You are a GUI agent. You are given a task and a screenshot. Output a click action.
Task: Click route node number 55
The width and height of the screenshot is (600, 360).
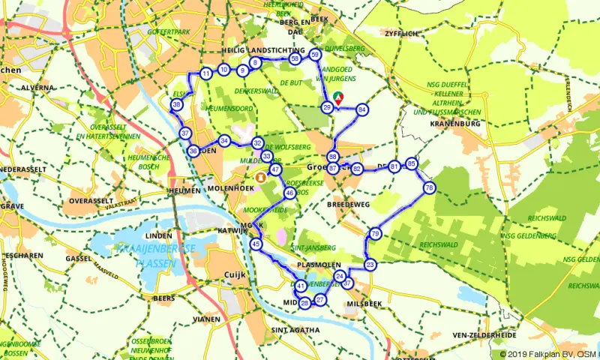click(x=295, y=58)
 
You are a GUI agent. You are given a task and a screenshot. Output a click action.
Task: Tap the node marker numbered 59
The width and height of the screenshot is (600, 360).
click(x=315, y=55)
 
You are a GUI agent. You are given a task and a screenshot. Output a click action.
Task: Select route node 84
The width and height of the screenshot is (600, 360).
click(x=362, y=109)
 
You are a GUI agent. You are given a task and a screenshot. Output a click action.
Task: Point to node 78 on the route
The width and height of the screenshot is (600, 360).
click(x=429, y=187)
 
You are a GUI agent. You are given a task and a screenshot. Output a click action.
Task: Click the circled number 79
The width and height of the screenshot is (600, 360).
click(x=375, y=235)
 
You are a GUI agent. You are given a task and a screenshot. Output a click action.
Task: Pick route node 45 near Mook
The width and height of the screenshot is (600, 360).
click(x=256, y=244)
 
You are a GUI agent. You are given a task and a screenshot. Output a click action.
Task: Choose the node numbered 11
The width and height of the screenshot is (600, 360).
click(x=205, y=73)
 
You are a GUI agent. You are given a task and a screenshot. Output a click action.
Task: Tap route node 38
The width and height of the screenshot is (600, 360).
click(x=176, y=106)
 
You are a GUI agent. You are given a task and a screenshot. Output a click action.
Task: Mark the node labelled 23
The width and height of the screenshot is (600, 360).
click(x=370, y=265)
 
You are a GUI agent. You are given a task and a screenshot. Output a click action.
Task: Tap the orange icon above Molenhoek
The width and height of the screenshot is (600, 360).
click(x=259, y=178)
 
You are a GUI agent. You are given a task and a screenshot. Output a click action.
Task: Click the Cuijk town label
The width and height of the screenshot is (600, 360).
click(x=235, y=274)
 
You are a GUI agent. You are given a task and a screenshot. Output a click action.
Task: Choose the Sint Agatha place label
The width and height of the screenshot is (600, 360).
click(x=295, y=329)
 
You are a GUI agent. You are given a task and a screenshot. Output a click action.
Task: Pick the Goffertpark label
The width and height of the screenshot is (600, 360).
click(x=169, y=33)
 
